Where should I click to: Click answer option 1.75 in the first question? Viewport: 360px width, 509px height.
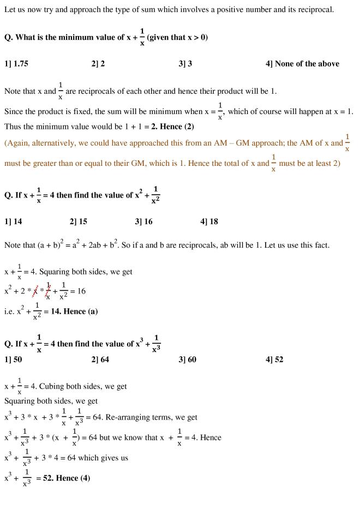click(x=16, y=64)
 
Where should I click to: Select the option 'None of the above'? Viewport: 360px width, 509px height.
click(x=302, y=64)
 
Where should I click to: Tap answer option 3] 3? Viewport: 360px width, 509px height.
click(x=185, y=64)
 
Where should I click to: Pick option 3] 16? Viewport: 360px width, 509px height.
click(x=143, y=221)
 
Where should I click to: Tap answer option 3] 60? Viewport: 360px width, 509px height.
click(x=187, y=360)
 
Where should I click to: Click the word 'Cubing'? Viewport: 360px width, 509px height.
click(x=52, y=386)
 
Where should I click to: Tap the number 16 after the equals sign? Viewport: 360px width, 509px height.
click(x=81, y=291)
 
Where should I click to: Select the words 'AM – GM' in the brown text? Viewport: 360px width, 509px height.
click(x=237, y=143)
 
